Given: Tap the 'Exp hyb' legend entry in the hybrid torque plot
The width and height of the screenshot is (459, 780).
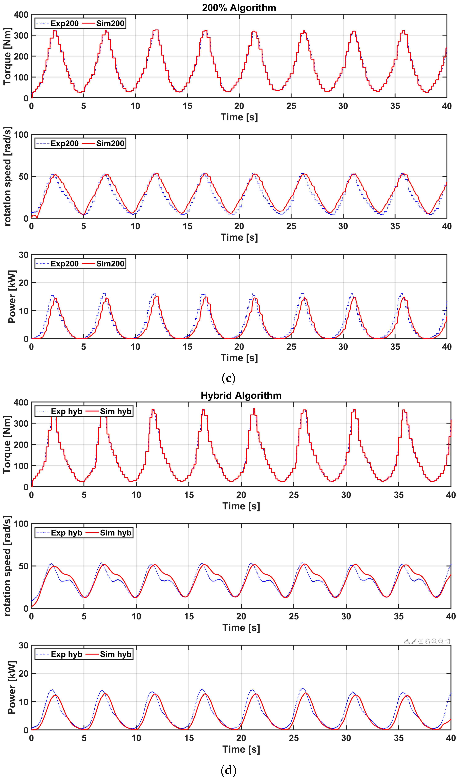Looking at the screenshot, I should pos(66,411).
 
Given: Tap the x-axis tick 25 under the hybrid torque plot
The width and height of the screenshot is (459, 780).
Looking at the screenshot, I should pos(293,495).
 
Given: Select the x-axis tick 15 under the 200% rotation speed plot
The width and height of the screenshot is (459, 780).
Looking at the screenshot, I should pos(187,226).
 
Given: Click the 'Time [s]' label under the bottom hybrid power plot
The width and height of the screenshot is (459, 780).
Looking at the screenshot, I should pos(241,749).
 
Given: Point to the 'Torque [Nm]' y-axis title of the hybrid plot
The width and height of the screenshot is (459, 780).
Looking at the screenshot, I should pos(7,444).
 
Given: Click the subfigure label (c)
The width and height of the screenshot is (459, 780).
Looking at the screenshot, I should pos(229,378).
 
